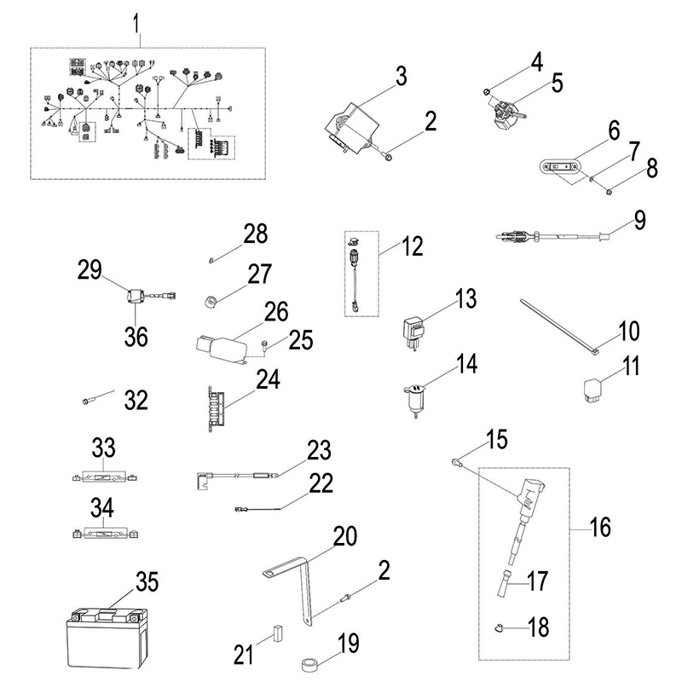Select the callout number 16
[x=600, y=527]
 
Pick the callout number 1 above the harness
[x=136, y=25]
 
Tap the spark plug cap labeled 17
[x=508, y=588]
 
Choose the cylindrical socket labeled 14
[x=414, y=399]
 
